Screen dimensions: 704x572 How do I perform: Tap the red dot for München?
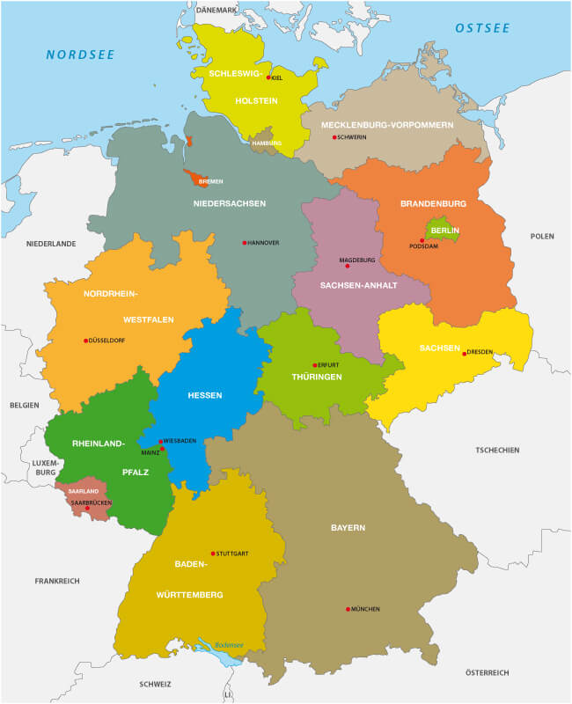coord(349,609)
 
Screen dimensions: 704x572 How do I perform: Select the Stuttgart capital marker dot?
coord(213,554)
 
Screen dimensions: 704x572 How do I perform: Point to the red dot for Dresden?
coord(464,353)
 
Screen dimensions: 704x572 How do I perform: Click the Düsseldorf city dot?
coord(85,341)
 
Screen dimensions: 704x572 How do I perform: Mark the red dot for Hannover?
coord(245,243)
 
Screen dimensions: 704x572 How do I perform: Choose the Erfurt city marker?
coord(314,365)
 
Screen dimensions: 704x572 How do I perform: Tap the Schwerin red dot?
coord(334,137)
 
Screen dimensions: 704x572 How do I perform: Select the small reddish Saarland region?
coord(79,495)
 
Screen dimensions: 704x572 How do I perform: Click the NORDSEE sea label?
coord(80,55)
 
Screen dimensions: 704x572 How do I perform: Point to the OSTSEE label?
coord(482,29)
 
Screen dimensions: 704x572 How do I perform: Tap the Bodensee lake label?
coord(228,644)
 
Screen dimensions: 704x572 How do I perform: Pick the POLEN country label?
coord(542,237)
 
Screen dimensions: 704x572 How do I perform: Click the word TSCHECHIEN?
coord(497,450)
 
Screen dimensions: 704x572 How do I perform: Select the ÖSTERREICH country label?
coord(488,672)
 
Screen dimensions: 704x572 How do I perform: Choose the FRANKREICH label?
coord(57,581)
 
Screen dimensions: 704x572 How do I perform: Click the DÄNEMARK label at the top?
coord(216,10)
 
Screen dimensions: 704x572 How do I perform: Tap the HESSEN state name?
coord(204,395)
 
